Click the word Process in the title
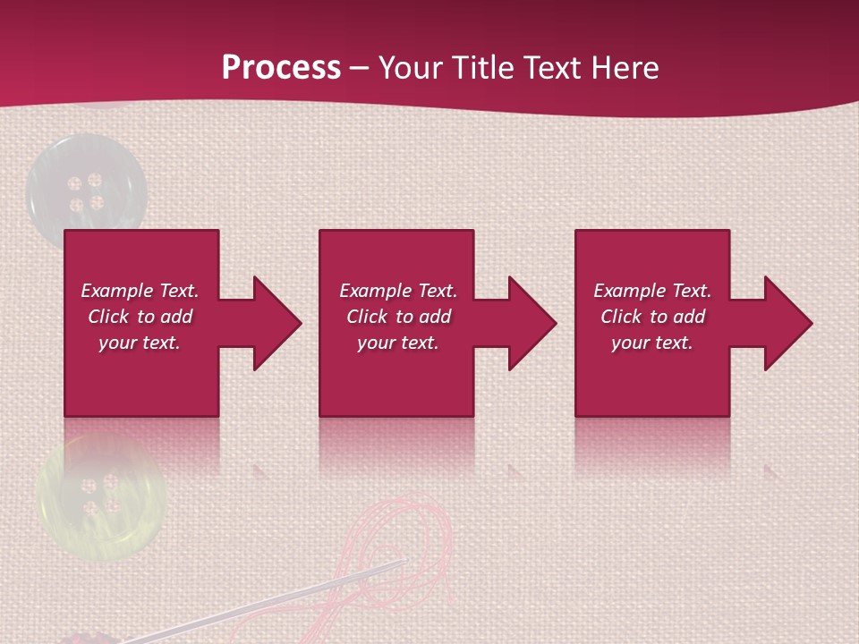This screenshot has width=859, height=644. tap(281, 68)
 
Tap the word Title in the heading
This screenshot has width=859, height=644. tap(481, 68)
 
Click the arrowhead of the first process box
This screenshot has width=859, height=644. tap(276, 323)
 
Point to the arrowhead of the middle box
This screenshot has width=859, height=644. tap(532, 323)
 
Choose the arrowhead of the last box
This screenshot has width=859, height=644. tap(787, 323)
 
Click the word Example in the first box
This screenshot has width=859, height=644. tap(117, 291)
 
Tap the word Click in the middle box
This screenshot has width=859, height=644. tap(366, 317)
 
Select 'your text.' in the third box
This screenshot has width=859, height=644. tap(652, 343)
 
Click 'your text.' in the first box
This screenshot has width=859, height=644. tap(140, 343)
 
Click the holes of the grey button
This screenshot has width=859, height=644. tap(86, 192)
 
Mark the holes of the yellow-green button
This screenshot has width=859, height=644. tap(99, 495)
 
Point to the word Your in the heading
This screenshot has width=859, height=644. tap(410, 68)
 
